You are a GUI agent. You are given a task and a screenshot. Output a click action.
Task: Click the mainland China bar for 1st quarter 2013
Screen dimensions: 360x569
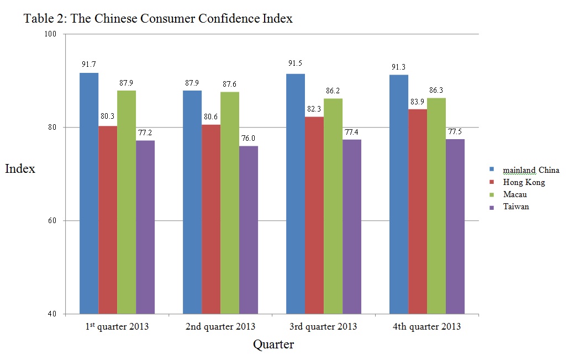[x=89, y=193]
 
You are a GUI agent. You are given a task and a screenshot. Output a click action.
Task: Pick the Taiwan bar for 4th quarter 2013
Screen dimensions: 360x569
[x=455, y=226]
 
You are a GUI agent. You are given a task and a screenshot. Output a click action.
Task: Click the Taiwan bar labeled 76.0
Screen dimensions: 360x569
[x=249, y=230]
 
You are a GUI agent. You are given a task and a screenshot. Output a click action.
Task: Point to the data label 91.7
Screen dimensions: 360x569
[x=89, y=64]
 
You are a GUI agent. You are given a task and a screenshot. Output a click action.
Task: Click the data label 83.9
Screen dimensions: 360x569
[x=418, y=101]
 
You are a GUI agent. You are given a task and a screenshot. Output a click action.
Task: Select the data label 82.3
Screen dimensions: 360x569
[x=314, y=109]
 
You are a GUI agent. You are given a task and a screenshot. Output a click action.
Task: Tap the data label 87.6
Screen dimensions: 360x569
[x=230, y=84]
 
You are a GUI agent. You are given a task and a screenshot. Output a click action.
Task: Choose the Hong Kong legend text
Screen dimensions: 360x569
[x=524, y=182]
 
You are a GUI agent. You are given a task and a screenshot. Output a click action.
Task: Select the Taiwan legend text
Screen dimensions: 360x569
[x=516, y=207]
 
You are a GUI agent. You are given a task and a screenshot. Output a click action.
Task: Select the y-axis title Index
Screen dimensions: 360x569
[x=20, y=168]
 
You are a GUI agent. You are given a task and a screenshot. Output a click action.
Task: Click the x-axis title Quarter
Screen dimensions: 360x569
[x=273, y=345]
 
